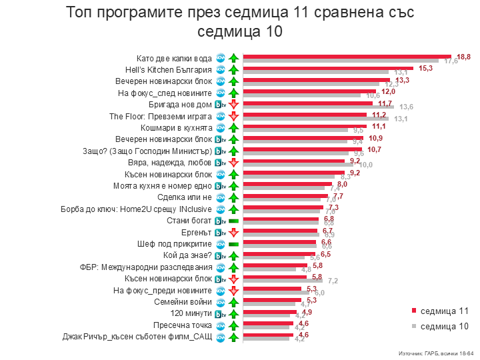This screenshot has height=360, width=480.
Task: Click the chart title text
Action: [240, 22]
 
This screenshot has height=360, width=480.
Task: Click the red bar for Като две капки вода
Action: [347, 56]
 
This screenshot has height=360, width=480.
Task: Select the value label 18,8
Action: [464, 57]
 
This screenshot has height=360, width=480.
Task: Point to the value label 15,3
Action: [426, 68]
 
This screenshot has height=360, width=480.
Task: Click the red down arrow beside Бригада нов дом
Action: [233, 105]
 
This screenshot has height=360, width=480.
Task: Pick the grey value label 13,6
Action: [406, 107]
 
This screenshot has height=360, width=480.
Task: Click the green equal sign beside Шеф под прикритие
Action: [233, 244]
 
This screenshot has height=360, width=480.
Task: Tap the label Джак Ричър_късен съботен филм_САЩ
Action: [137, 337]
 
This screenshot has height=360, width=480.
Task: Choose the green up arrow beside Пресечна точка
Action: [233, 325]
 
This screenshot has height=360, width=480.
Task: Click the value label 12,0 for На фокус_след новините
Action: [388, 91]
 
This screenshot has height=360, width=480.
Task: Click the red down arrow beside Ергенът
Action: [233, 233]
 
